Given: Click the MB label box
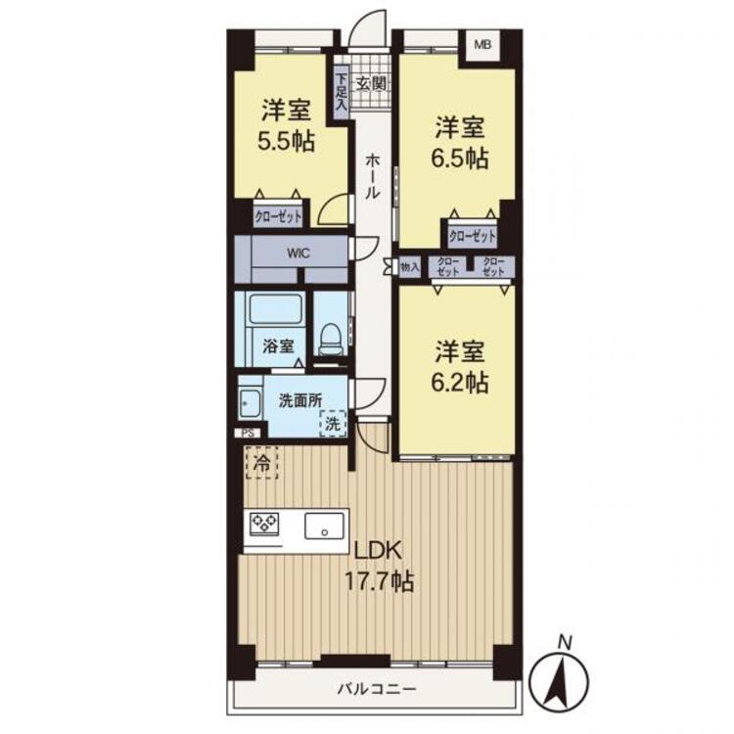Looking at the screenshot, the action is pyautogui.click(x=482, y=45).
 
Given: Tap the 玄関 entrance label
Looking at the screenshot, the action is pyautogui.click(x=371, y=84).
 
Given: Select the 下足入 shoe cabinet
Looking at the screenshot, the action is pyautogui.click(x=342, y=92).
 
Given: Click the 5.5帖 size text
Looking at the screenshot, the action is pyautogui.click(x=286, y=141).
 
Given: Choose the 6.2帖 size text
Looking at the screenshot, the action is pyautogui.click(x=460, y=382).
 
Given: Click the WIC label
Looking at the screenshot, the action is pyautogui.click(x=298, y=253).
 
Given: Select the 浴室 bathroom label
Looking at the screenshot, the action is pyautogui.click(x=278, y=345).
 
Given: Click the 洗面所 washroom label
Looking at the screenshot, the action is pyautogui.click(x=300, y=400).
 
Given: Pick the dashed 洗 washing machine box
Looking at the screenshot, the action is pyautogui.click(x=333, y=424).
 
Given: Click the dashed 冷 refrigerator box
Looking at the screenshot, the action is pyautogui.click(x=261, y=463).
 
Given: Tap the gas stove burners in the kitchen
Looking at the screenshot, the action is pyautogui.click(x=264, y=523).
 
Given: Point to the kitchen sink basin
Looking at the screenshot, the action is pyautogui.click(x=324, y=526).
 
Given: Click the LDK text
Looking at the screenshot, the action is pyautogui.click(x=378, y=550).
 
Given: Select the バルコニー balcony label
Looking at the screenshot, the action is pyautogui.click(x=377, y=689).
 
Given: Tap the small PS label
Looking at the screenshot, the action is pyautogui.click(x=249, y=434).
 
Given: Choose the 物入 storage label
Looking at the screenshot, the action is pyautogui.click(x=410, y=267).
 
